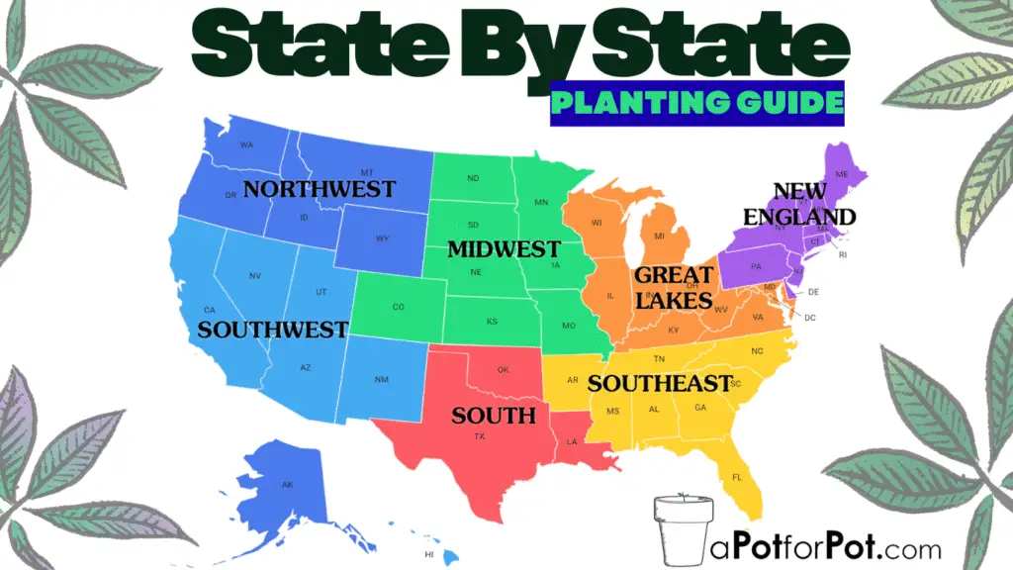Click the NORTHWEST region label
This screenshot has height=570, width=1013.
tap(319, 188)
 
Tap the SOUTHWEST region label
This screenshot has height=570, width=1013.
tap(272, 330)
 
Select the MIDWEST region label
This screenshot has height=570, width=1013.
tap(504, 249)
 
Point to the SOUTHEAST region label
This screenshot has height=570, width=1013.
tap(659, 383)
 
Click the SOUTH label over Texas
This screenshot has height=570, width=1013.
tap(493, 415)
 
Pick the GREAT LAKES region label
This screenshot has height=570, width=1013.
tap(674, 287)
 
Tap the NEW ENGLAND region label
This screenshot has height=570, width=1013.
tap(814, 203)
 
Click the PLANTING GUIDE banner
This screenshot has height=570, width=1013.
tap(697, 103)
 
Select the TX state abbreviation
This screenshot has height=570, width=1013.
tap(480, 436)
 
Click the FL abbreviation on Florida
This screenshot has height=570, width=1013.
tap(736, 477)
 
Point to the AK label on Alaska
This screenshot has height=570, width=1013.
tap(288, 485)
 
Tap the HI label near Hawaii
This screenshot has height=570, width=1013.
tap(429, 554)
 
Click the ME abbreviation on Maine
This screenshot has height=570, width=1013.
tap(842, 174)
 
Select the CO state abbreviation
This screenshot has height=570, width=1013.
tap(398, 307)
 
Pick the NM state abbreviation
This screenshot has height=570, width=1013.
tap(382, 380)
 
